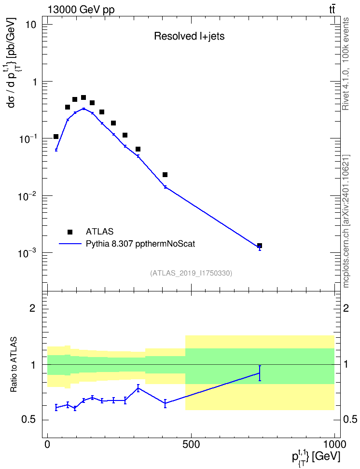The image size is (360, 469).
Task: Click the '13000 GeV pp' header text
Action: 81,10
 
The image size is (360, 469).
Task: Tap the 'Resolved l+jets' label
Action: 189,36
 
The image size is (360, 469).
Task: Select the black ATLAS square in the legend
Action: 70,232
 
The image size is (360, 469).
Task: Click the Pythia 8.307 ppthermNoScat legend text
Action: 140,244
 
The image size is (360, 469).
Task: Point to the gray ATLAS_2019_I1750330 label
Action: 191,273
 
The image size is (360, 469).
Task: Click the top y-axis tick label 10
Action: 31,25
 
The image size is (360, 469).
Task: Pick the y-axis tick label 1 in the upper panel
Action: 34,82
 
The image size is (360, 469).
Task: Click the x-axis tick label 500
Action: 191,444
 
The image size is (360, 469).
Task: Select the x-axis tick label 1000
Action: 334,444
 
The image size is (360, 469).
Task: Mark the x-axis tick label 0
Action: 48,444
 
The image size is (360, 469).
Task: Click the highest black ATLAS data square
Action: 83,97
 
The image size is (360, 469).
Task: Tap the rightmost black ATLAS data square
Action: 260,246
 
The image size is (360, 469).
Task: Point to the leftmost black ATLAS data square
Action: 56,137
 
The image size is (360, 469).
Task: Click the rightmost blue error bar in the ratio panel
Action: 260,373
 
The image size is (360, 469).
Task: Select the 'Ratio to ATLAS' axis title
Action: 14,365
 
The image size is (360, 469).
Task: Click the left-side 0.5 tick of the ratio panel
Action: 28,420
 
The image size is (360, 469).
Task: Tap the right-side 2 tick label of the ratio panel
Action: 346,308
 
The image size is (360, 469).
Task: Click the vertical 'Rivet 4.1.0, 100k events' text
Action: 346,64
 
